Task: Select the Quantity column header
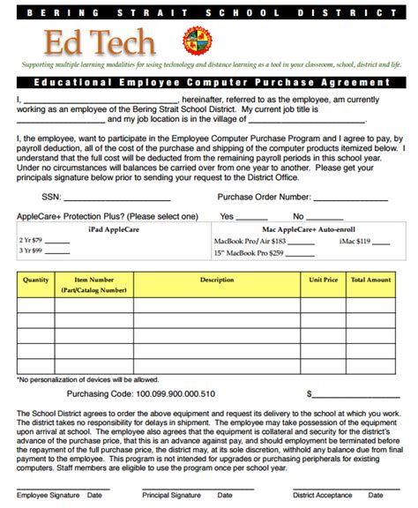coord(36,280)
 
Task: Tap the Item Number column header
coord(94,284)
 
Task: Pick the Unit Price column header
coord(323,280)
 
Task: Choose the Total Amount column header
coord(370,280)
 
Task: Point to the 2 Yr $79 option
coord(32,239)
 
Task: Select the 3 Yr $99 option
coord(32,251)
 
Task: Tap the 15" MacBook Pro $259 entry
coord(250,253)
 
